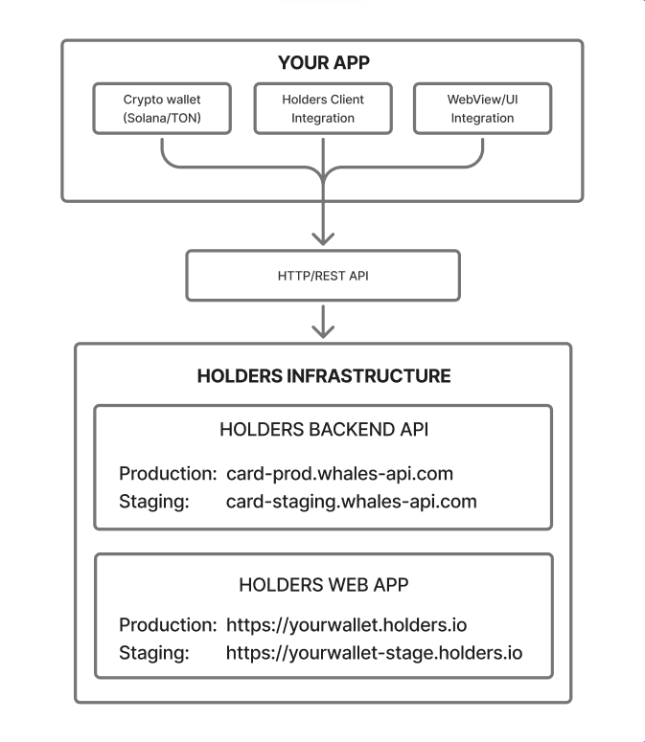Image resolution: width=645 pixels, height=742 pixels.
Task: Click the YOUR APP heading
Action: click(323, 62)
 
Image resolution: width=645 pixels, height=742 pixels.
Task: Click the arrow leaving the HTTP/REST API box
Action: click(323, 322)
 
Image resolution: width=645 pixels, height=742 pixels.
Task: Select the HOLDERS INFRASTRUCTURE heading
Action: click(324, 375)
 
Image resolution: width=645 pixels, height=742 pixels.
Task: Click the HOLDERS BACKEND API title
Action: click(324, 429)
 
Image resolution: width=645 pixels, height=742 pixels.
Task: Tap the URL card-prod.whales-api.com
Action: click(339, 473)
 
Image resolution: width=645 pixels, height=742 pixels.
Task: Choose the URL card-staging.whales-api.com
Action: click(352, 502)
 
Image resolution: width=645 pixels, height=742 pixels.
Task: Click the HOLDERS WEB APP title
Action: click(324, 585)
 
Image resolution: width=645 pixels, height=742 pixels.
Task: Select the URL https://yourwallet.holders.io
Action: click(347, 625)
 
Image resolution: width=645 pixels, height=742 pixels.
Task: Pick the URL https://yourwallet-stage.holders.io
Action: click(374, 653)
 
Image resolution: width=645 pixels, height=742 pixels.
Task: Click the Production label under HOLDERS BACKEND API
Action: click(168, 473)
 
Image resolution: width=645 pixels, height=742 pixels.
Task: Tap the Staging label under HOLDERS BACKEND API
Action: click(154, 502)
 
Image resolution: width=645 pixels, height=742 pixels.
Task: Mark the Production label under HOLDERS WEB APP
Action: click(168, 625)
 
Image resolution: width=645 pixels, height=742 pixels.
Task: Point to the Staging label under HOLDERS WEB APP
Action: click(154, 653)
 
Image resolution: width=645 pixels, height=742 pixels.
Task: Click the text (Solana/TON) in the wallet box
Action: click(162, 118)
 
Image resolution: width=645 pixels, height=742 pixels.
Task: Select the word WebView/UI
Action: click(483, 100)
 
